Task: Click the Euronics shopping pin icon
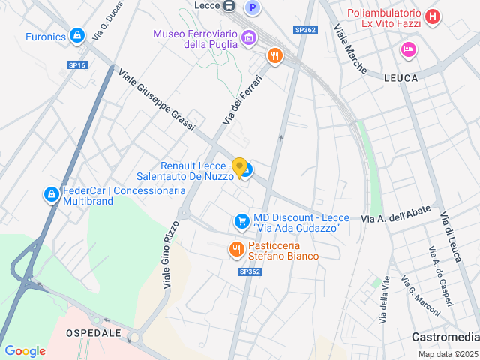pos(76,35)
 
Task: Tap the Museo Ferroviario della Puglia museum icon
pos(247,36)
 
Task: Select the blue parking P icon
pos(253,7)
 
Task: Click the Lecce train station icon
pos(229,6)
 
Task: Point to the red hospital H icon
pos(431,16)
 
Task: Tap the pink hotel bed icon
pos(408,49)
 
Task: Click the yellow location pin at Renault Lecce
pos(239,167)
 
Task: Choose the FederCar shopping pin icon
pos(51,195)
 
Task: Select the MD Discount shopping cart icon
pos(241,221)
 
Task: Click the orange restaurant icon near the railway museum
pos(275,55)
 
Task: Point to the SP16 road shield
pos(77,65)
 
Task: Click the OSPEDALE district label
pos(94,332)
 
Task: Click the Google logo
pos(25,350)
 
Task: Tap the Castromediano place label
pos(445,337)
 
